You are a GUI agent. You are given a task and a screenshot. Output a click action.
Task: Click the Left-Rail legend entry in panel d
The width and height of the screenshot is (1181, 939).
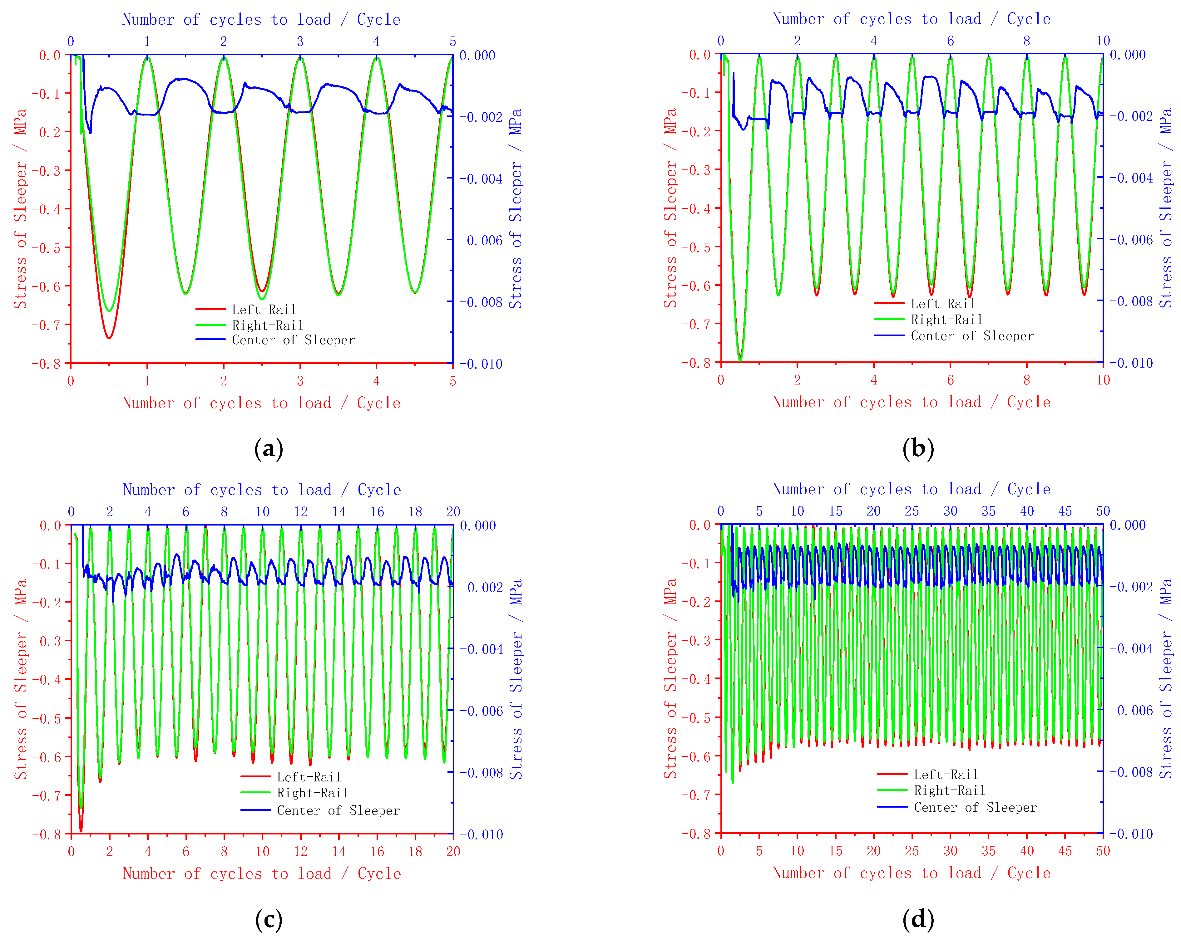coord(946,774)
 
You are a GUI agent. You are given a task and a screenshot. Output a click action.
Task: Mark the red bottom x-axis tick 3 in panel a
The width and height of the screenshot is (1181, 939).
coord(300,381)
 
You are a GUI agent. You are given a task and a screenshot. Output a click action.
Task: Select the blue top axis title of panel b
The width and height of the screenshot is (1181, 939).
coord(911,19)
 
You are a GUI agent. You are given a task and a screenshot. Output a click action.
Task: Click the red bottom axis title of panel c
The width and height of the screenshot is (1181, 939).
coord(262,873)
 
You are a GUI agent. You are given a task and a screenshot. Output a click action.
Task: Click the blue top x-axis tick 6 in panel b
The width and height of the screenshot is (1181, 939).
coord(950,41)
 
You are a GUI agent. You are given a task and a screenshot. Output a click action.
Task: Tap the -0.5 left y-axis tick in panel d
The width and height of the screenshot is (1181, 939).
coord(696,718)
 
